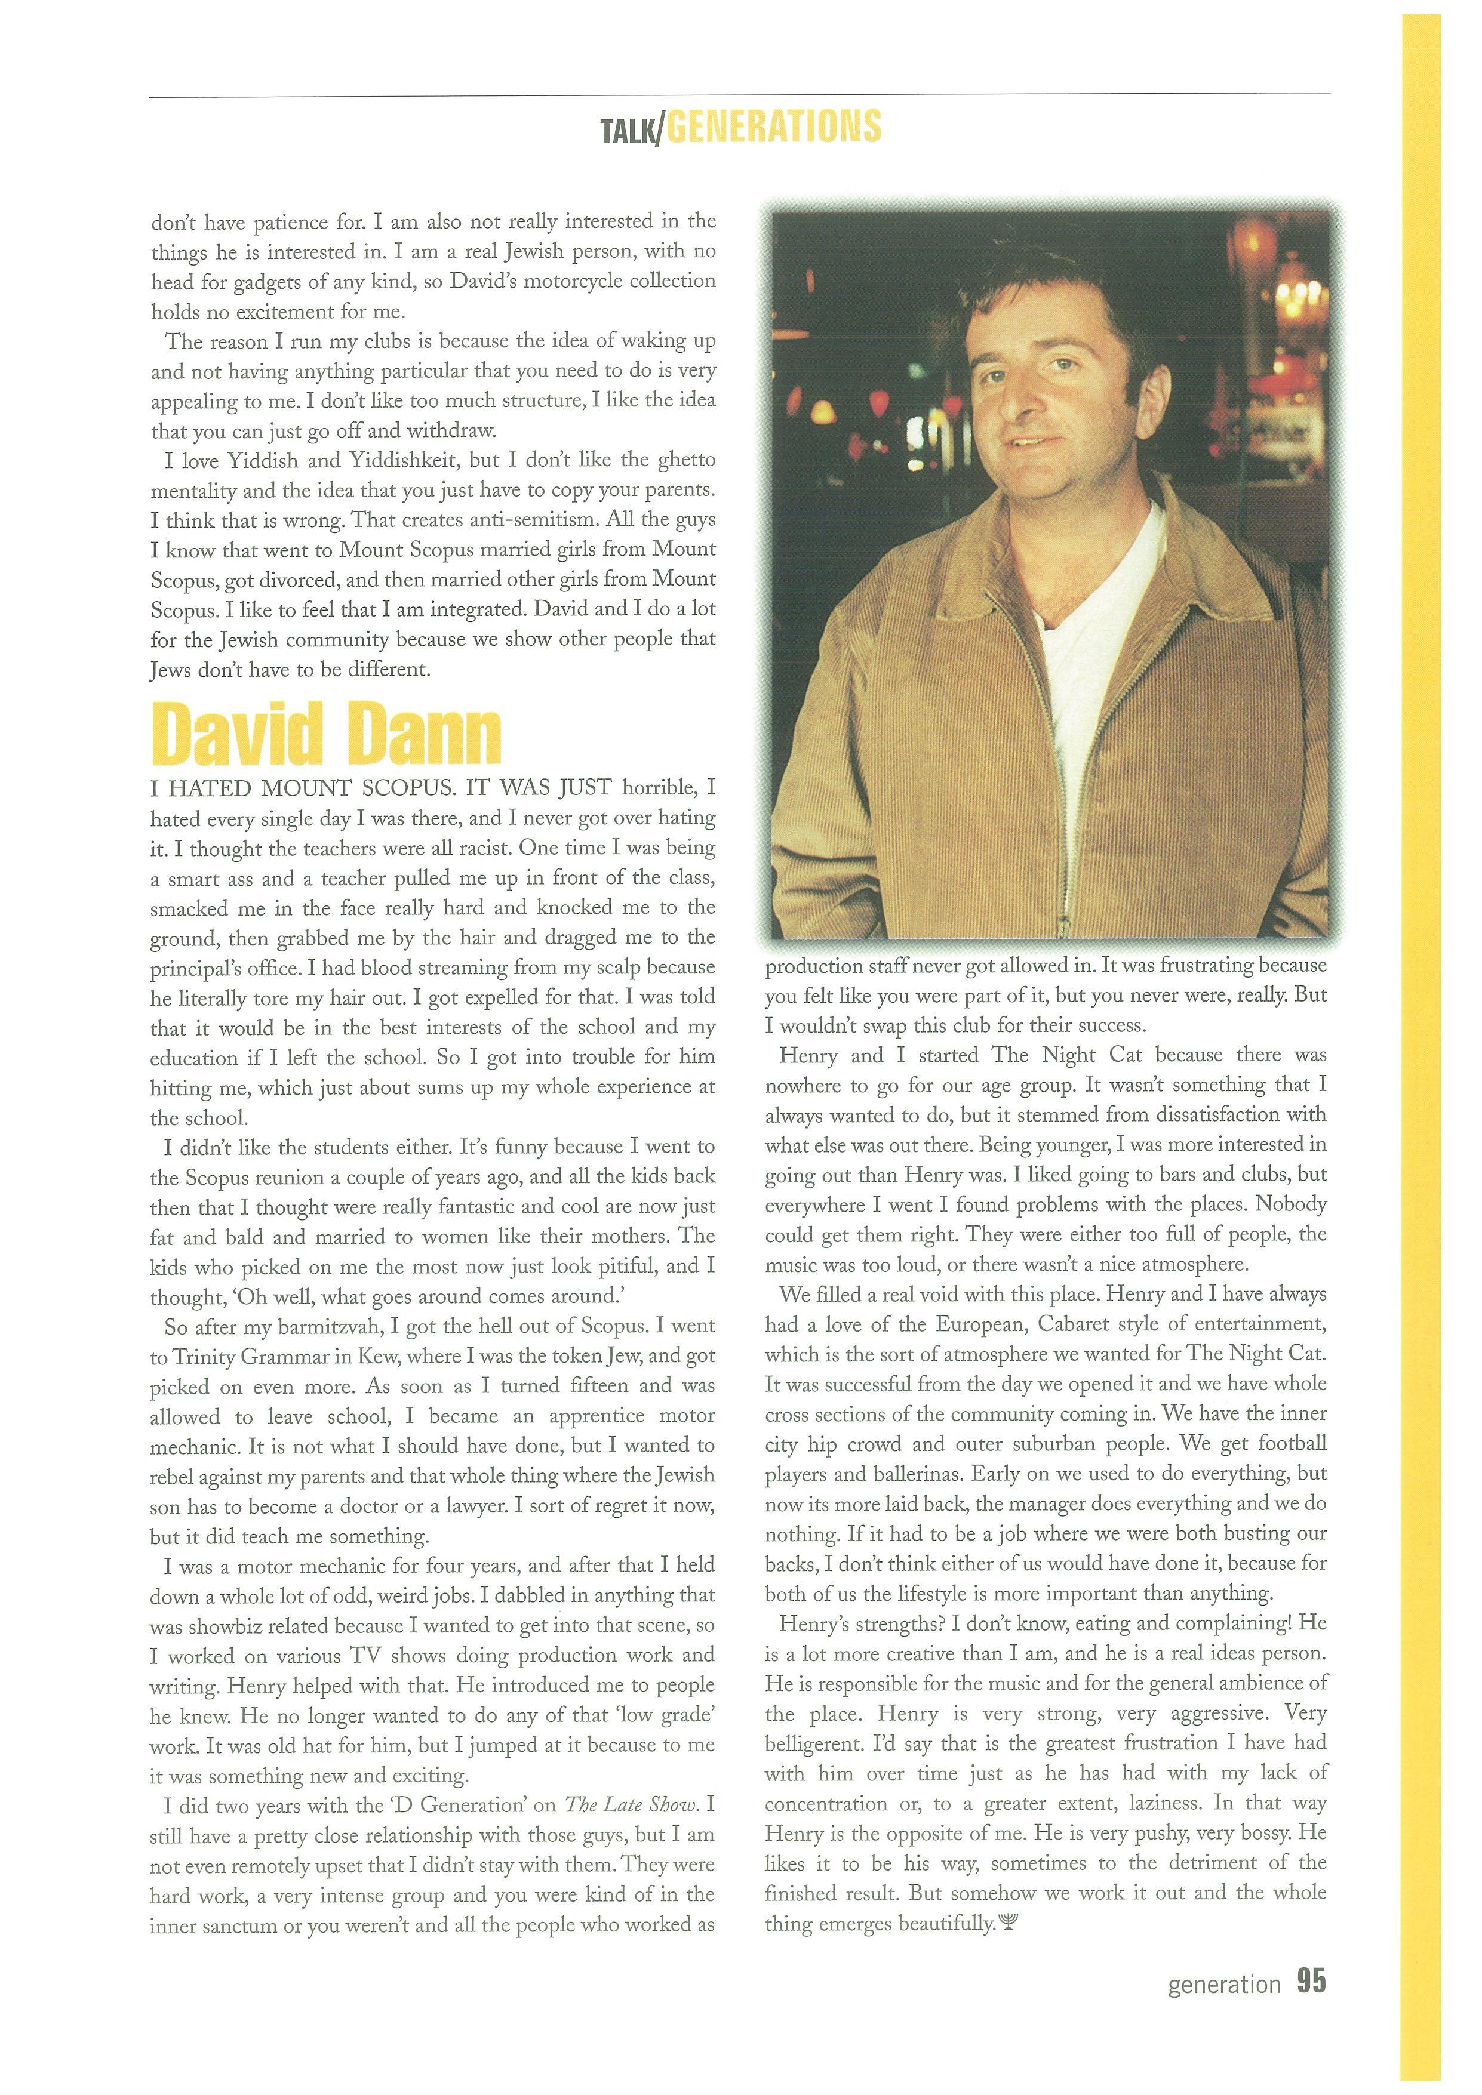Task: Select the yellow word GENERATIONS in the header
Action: [x=774, y=127]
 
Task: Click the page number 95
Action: [x=1311, y=1982]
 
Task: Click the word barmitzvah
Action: [x=335, y=1327]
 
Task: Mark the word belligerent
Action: [x=813, y=1743]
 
